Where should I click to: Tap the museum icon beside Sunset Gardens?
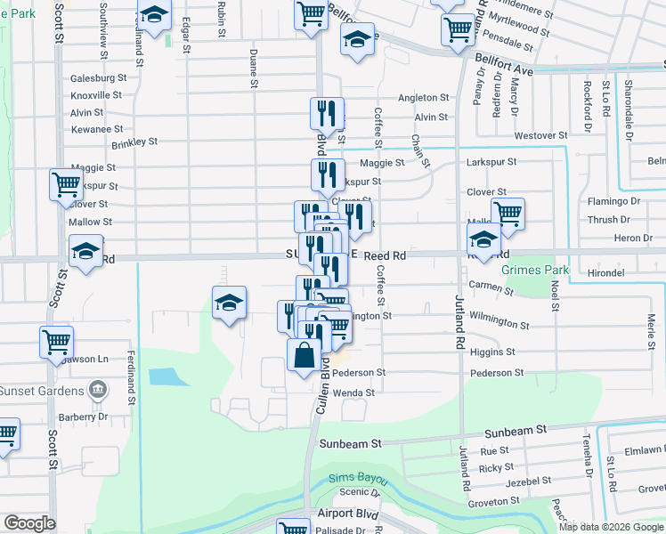point(98,390)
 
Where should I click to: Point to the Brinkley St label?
point(134,142)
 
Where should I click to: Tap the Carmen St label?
point(491,287)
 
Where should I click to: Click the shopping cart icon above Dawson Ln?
point(56,344)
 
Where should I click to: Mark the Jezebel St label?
point(504,481)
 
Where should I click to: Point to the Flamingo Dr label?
point(613,201)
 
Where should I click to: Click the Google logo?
point(29,523)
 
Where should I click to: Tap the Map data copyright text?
point(611,527)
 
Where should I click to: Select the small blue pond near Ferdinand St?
point(164,376)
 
